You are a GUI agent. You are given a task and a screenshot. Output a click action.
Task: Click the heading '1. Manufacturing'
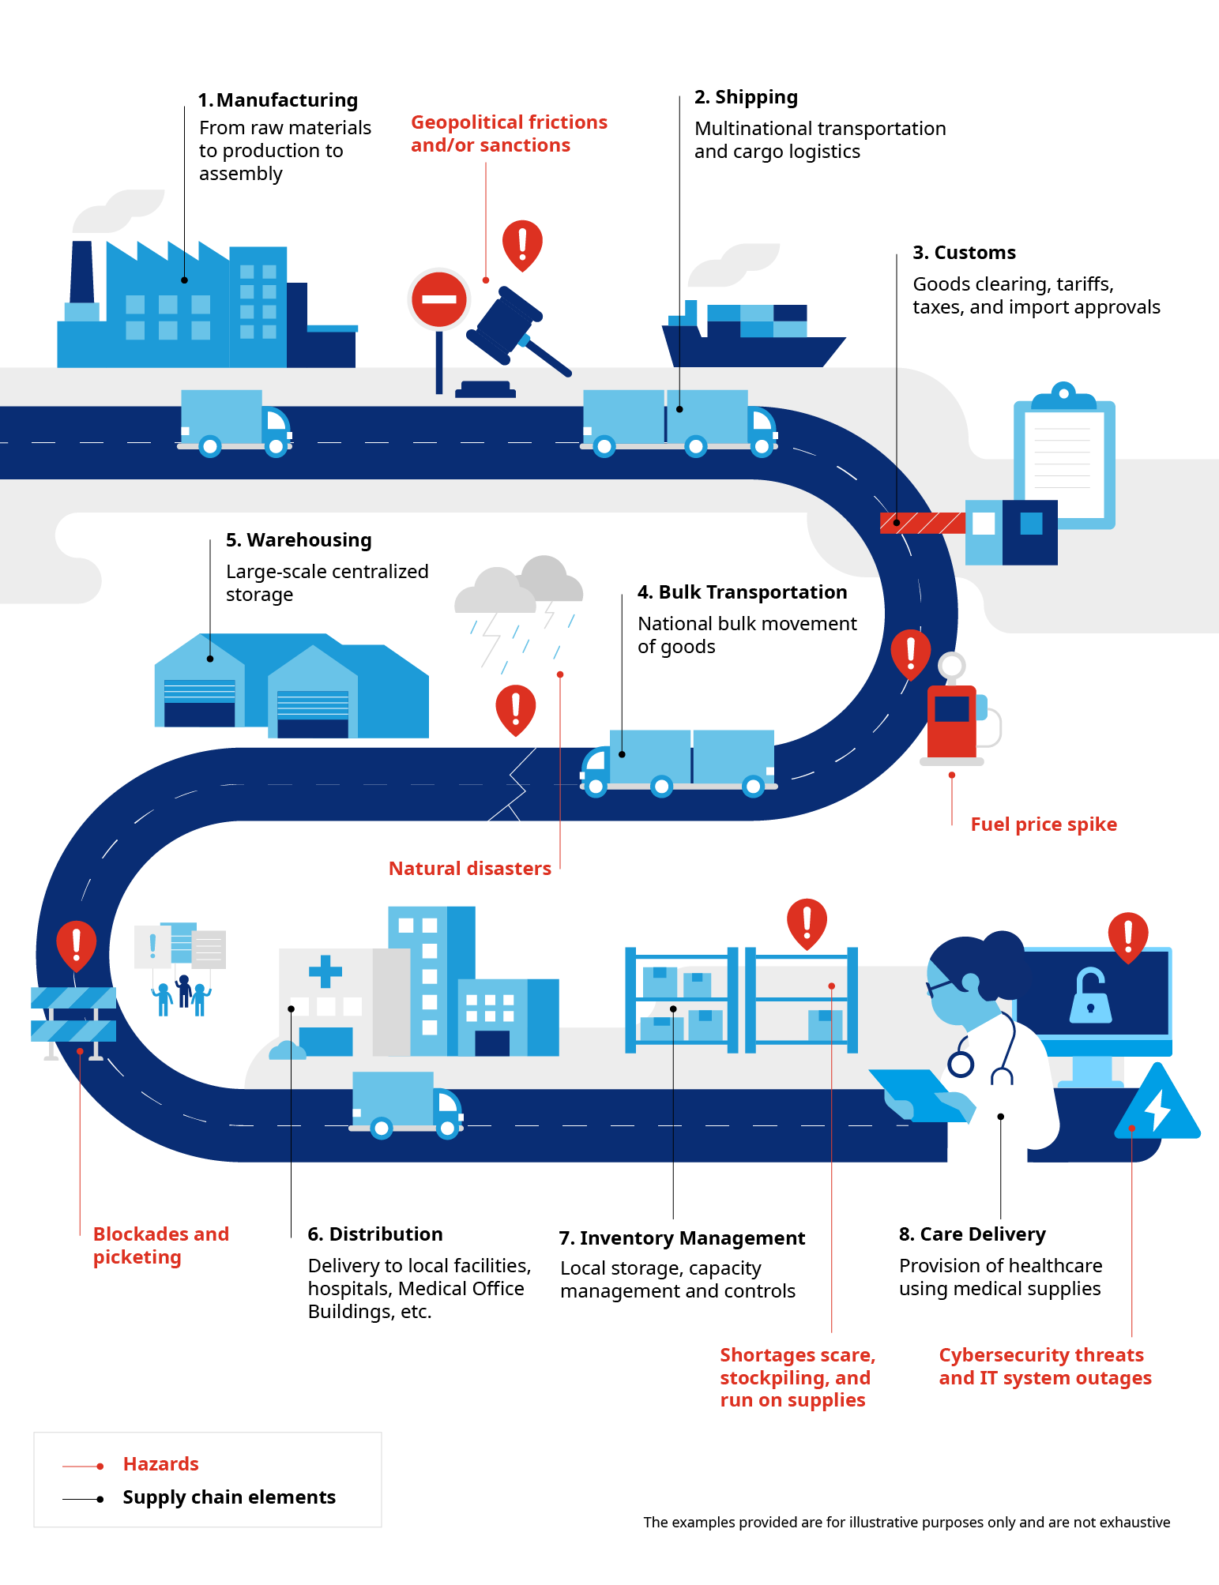(278, 100)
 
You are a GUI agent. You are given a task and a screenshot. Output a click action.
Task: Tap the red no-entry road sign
(439, 300)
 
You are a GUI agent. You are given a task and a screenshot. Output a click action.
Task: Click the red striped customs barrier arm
(922, 523)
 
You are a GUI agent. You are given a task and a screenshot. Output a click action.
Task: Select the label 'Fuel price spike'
(1043, 824)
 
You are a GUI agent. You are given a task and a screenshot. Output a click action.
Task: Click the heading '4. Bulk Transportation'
(742, 592)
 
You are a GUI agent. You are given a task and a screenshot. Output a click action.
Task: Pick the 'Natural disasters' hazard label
(469, 869)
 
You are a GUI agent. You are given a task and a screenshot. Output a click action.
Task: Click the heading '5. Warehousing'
(299, 540)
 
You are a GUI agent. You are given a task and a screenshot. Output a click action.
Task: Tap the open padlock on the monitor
(1090, 997)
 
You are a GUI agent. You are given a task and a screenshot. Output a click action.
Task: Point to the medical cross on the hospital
(325, 971)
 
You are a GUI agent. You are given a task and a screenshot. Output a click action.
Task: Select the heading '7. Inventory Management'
(682, 1238)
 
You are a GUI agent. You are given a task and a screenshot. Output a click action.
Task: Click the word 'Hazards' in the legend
(160, 1464)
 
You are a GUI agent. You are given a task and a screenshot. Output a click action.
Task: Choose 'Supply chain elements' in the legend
(228, 1497)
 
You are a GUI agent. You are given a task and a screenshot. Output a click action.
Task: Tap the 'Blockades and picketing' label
(160, 1245)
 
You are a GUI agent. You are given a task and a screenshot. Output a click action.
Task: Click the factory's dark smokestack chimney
(81, 272)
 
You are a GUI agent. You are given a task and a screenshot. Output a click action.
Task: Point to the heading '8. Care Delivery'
(972, 1234)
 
